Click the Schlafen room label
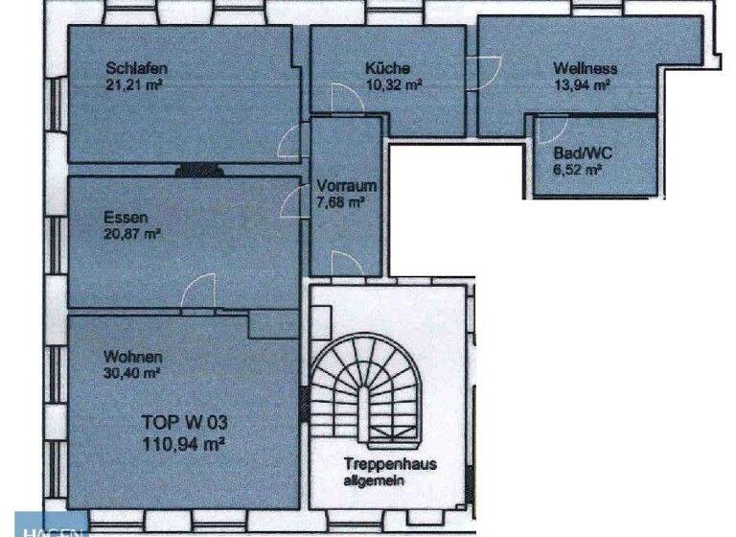tap(138, 69)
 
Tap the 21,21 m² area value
tap(136, 84)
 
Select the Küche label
tap(387, 69)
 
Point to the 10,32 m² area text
tap(394, 84)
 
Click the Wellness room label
tap(585, 69)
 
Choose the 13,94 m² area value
tap(582, 85)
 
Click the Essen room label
tap(126, 217)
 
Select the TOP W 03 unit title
tap(183, 421)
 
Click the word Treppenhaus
tap(390, 464)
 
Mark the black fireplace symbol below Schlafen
tap(198, 172)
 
